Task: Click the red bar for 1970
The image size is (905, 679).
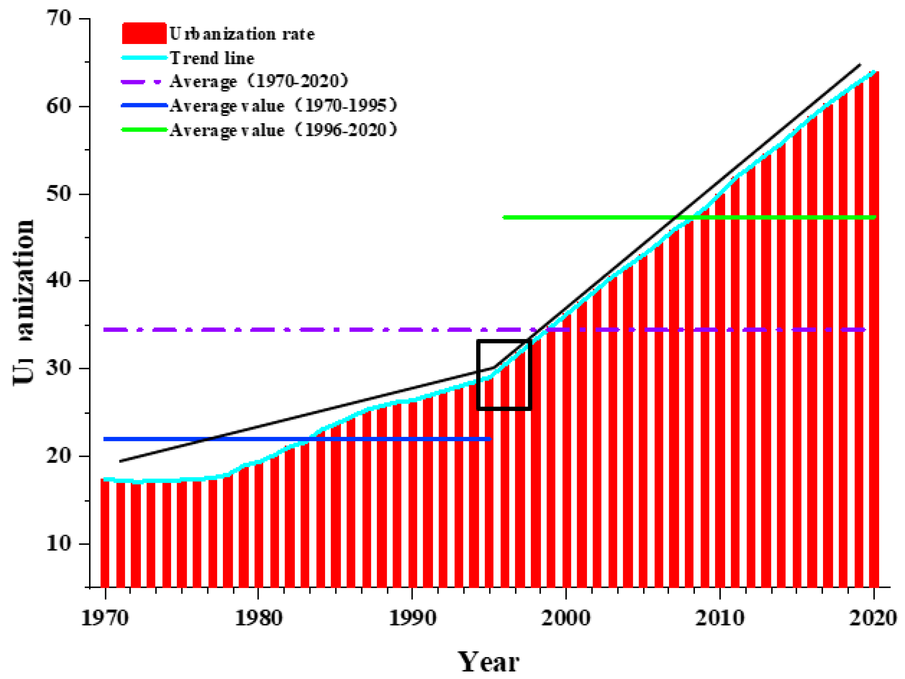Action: [105, 532]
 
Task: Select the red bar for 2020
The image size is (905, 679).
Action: [874, 327]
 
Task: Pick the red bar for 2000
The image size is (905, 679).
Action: [566, 450]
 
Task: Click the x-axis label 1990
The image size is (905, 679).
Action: [412, 618]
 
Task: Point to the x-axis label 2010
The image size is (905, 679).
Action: [720, 618]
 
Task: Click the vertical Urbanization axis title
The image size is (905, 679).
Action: [24, 303]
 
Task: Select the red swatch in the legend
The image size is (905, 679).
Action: [144, 33]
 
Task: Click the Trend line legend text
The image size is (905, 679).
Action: [212, 58]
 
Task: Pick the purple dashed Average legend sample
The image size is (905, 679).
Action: [141, 82]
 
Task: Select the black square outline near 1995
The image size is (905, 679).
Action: [478, 374]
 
